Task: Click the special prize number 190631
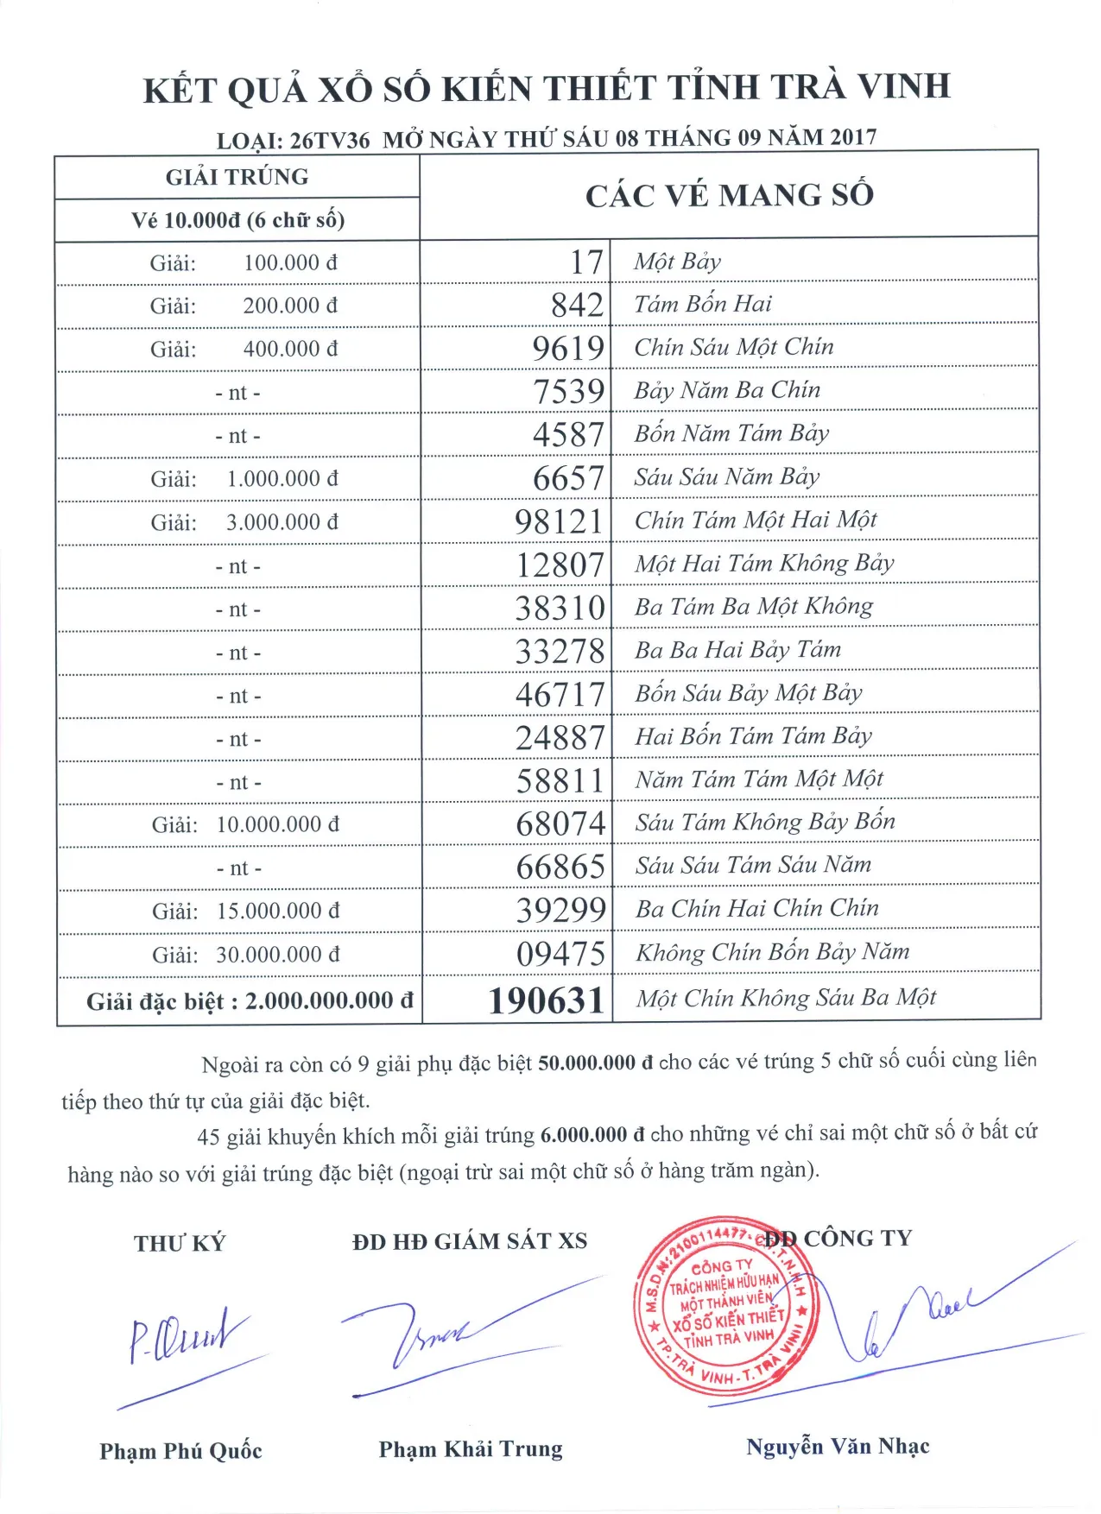[x=546, y=1000]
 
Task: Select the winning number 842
[x=577, y=305]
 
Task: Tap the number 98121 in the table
[x=559, y=521]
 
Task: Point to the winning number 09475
[x=560, y=954]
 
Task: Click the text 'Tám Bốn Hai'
[x=703, y=304]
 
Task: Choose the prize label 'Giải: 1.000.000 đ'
[x=244, y=479]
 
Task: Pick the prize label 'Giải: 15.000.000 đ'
[x=245, y=912]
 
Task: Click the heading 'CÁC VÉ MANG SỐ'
[x=730, y=195]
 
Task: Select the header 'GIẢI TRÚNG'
[x=237, y=177]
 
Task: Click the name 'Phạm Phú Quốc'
[x=180, y=1451]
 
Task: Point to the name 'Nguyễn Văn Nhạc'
[x=838, y=1447]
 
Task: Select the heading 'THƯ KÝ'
[x=179, y=1243]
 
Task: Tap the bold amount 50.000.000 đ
[x=595, y=1063]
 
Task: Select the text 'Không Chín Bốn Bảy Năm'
[x=773, y=952]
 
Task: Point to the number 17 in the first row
[x=586, y=262]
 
